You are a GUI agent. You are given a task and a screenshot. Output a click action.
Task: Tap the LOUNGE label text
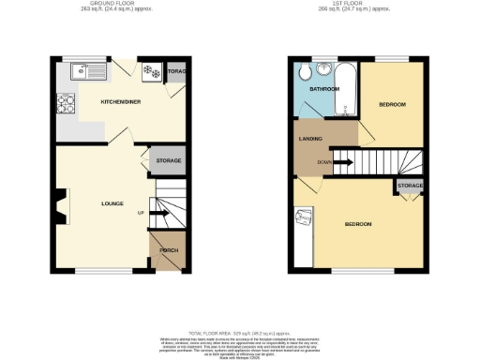click(113, 203)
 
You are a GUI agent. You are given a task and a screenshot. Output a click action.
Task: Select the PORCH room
click(168, 250)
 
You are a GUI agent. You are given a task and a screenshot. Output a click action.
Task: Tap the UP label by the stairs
click(141, 214)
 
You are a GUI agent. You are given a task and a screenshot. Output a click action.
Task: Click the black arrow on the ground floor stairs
click(157, 215)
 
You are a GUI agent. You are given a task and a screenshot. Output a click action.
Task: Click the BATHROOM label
click(324, 89)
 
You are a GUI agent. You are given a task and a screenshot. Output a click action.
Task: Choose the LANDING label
click(311, 140)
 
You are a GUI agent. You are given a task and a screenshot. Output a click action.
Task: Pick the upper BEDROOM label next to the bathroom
click(392, 104)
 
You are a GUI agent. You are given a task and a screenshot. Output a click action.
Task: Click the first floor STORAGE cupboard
click(409, 187)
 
